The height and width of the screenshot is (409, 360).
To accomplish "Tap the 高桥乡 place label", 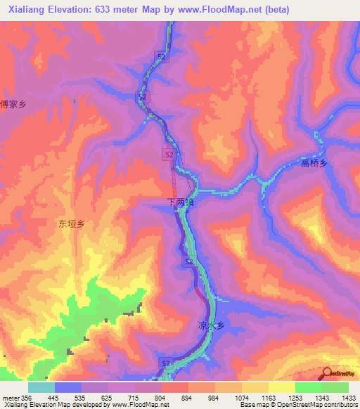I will tap(314, 163).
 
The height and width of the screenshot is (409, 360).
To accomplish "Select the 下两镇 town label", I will tap(179, 202).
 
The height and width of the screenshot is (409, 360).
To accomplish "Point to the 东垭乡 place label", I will tap(71, 224).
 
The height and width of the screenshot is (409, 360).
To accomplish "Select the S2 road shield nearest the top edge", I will tap(161, 56).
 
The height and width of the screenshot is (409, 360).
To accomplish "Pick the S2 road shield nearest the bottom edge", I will tap(166, 363).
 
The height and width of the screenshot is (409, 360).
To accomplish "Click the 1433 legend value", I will tap(348, 397).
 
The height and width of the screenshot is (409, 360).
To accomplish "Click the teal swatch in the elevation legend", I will tap(41, 387).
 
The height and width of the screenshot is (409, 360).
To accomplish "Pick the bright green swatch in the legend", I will tap(308, 387).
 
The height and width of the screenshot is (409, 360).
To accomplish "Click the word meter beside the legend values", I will tap(11, 397).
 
